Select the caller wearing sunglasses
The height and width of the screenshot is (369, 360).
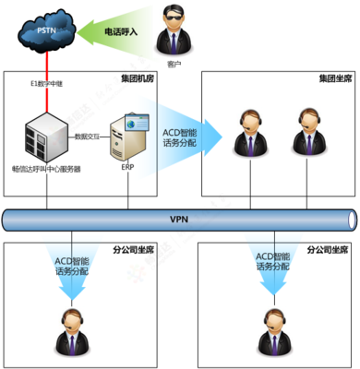click(176, 31)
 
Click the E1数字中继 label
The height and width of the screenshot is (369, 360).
click(49, 84)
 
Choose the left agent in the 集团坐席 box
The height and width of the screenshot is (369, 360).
click(250, 137)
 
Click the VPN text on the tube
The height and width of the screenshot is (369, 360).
click(179, 220)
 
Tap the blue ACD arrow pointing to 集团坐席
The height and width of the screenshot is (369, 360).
click(185, 137)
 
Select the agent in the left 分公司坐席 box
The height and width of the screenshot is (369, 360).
click(70, 332)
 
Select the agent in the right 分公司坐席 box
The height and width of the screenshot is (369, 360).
click(272, 332)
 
